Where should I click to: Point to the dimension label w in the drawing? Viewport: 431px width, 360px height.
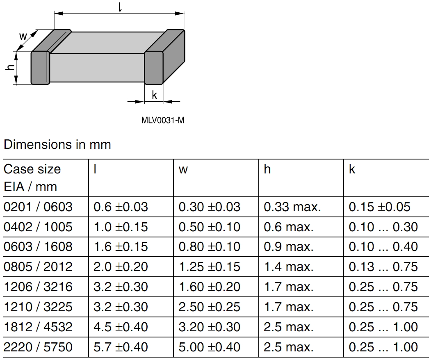coord(23,36)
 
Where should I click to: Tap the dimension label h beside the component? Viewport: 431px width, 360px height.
coord(10,68)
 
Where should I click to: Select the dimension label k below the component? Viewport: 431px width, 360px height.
coord(155,95)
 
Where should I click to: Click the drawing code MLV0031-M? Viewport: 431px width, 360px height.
coord(162,121)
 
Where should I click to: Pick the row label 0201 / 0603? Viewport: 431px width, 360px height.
coord(38,207)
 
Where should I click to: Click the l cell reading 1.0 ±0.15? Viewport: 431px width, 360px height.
coord(121,227)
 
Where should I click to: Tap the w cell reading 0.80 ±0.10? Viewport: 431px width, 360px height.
coord(209,247)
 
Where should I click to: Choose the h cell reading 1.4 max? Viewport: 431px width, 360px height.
coord(288,267)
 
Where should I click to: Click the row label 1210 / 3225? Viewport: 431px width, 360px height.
coord(38,307)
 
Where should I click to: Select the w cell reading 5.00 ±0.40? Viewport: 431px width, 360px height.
coord(209,347)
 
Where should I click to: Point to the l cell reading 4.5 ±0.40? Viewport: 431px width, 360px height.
coord(121,327)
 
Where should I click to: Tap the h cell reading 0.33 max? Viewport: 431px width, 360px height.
coord(292,207)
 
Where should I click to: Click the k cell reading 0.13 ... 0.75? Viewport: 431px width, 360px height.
coord(383,267)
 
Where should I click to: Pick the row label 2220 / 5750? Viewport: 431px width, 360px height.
coord(38,347)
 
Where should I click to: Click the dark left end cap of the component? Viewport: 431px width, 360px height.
coord(40,68)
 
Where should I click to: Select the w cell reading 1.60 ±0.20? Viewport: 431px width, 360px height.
coord(209,287)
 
